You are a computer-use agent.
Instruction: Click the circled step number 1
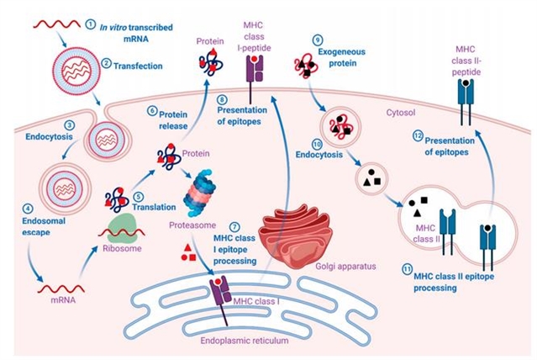coord(92,26)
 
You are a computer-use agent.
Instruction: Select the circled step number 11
coord(408,268)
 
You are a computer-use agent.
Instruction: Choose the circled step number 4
coord(27,208)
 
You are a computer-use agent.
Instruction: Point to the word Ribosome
coord(122,250)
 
